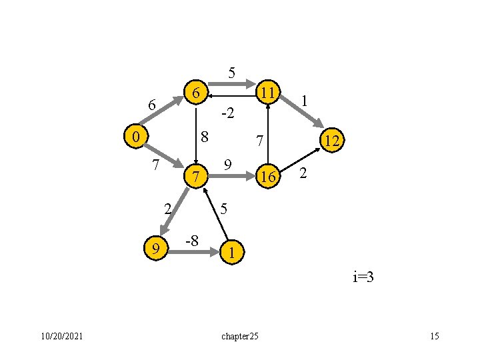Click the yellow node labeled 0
click(135, 137)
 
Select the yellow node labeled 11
click(269, 92)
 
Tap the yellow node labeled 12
click(331, 141)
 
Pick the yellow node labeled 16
click(268, 177)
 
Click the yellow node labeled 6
click(195, 93)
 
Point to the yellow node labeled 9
click(156, 249)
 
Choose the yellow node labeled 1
click(231, 253)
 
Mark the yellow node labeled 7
click(195, 177)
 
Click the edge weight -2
click(227, 114)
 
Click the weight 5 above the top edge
click(231, 72)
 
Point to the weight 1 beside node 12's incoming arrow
click(304, 101)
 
